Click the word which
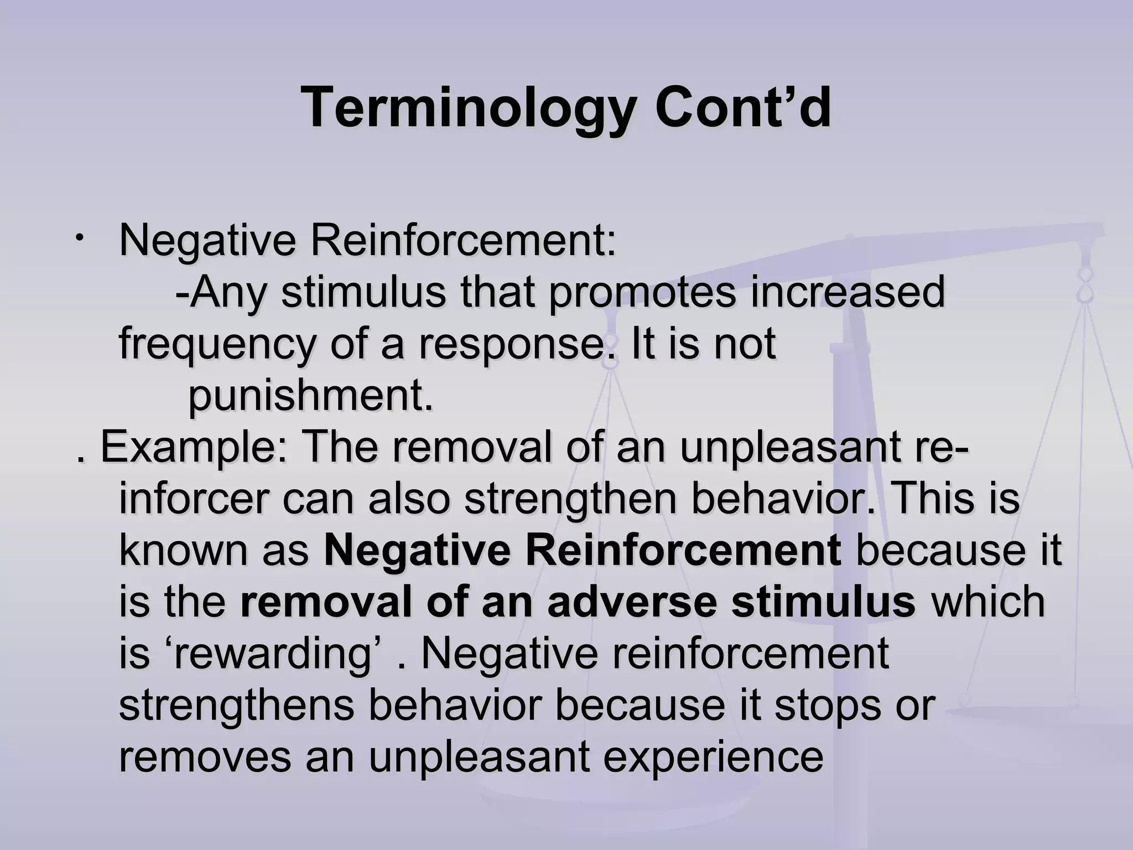point(989,602)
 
